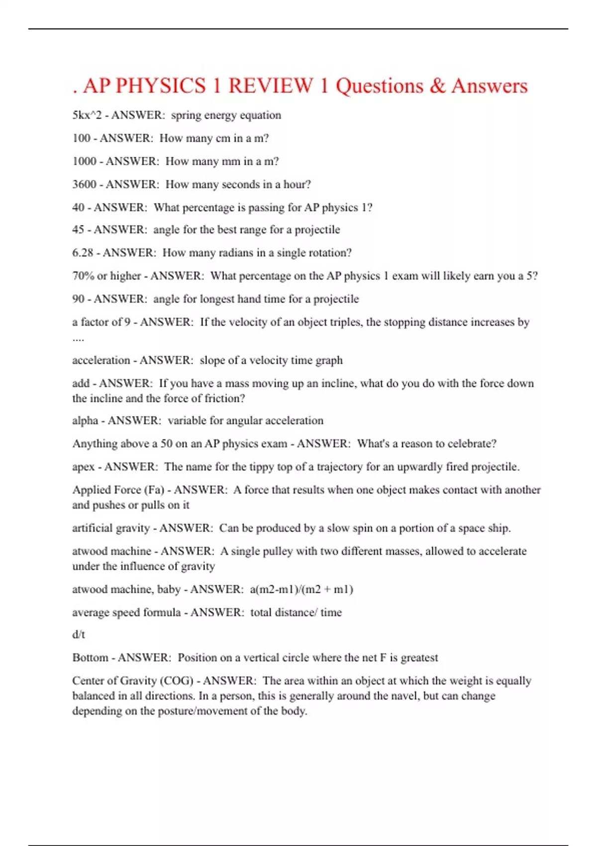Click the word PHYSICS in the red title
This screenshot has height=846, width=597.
[x=161, y=86]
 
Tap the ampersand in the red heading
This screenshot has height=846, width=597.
[x=437, y=86]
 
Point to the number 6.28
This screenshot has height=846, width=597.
[x=83, y=253]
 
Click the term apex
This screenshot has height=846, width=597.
[x=83, y=467]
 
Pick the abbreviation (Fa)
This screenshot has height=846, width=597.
[x=154, y=490]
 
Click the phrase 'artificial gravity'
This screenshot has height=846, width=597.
[x=111, y=528]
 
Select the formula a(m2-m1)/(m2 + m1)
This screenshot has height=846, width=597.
[x=301, y=589]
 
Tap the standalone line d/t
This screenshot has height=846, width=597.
[x=79, y=634]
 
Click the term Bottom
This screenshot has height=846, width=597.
[x=90, y=658]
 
